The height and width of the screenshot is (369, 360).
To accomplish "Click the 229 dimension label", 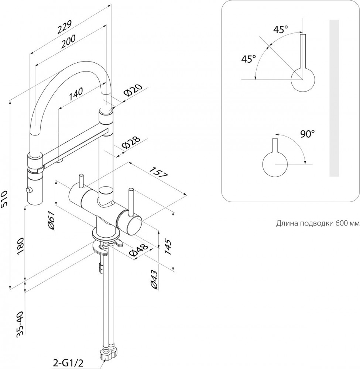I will coord(64,28).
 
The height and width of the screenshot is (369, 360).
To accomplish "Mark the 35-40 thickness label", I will coord(20,324).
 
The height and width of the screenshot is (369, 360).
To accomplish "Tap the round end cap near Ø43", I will coord(130,224).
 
